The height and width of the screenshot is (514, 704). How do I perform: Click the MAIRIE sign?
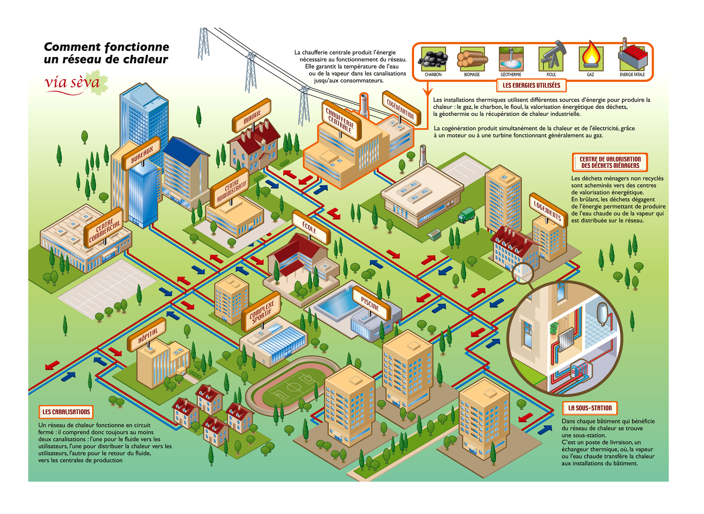252,116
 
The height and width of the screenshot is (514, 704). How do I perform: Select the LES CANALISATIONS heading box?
66,412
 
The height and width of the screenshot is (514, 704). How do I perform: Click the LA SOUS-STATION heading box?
590,408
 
